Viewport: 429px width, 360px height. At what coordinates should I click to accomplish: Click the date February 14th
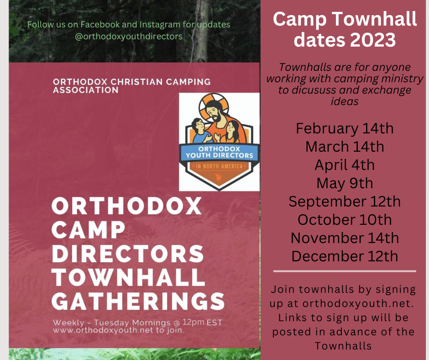[345, 128]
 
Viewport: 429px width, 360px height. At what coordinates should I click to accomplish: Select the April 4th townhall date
[345, 164]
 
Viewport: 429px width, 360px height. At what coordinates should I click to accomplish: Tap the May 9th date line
[345, 183]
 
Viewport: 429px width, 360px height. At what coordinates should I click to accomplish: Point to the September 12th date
[345, 201]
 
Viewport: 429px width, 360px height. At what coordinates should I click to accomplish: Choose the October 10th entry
[345, 219]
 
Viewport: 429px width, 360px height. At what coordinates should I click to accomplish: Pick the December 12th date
[345, 256]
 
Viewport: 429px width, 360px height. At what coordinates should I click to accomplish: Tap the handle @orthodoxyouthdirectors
[129, 37]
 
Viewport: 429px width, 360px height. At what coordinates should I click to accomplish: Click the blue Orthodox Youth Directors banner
[219, 152]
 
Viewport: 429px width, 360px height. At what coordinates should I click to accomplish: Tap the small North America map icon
[220, 178]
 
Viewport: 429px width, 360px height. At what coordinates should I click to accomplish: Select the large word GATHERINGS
[138, 301]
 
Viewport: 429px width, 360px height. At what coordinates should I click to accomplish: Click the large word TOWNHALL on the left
[128, 277]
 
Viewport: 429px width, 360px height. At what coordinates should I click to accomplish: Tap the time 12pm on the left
[194, 322]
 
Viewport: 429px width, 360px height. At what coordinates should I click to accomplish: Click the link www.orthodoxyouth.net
[103, 330]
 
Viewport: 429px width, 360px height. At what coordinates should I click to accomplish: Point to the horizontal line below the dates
[345, 271]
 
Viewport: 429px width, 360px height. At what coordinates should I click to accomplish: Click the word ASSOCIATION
[86, 90]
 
